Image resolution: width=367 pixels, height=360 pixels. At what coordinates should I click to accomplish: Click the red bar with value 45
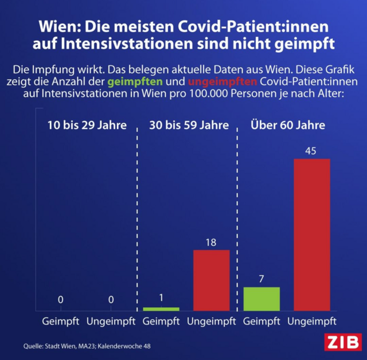312,234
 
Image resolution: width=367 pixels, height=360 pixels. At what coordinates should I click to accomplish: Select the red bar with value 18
211,280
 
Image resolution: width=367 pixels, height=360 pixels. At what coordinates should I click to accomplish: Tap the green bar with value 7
261,299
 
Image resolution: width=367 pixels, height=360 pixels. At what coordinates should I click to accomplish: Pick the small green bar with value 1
161,309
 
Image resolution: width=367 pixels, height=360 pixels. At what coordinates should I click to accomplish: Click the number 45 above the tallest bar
312,151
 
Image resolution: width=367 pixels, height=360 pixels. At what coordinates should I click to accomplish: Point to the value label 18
211,242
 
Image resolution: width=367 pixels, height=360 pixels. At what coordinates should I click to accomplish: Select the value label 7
261,279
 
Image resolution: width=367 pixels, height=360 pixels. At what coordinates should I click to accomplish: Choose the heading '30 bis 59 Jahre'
188,125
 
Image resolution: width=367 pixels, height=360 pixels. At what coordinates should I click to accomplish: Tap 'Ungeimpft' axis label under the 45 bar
312,321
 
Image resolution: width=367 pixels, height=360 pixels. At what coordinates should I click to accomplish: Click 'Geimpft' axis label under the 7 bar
261,321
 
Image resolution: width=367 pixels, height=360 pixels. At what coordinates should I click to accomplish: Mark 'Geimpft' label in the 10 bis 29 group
60,321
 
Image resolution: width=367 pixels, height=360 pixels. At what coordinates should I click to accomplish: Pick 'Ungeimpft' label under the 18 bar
211,321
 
